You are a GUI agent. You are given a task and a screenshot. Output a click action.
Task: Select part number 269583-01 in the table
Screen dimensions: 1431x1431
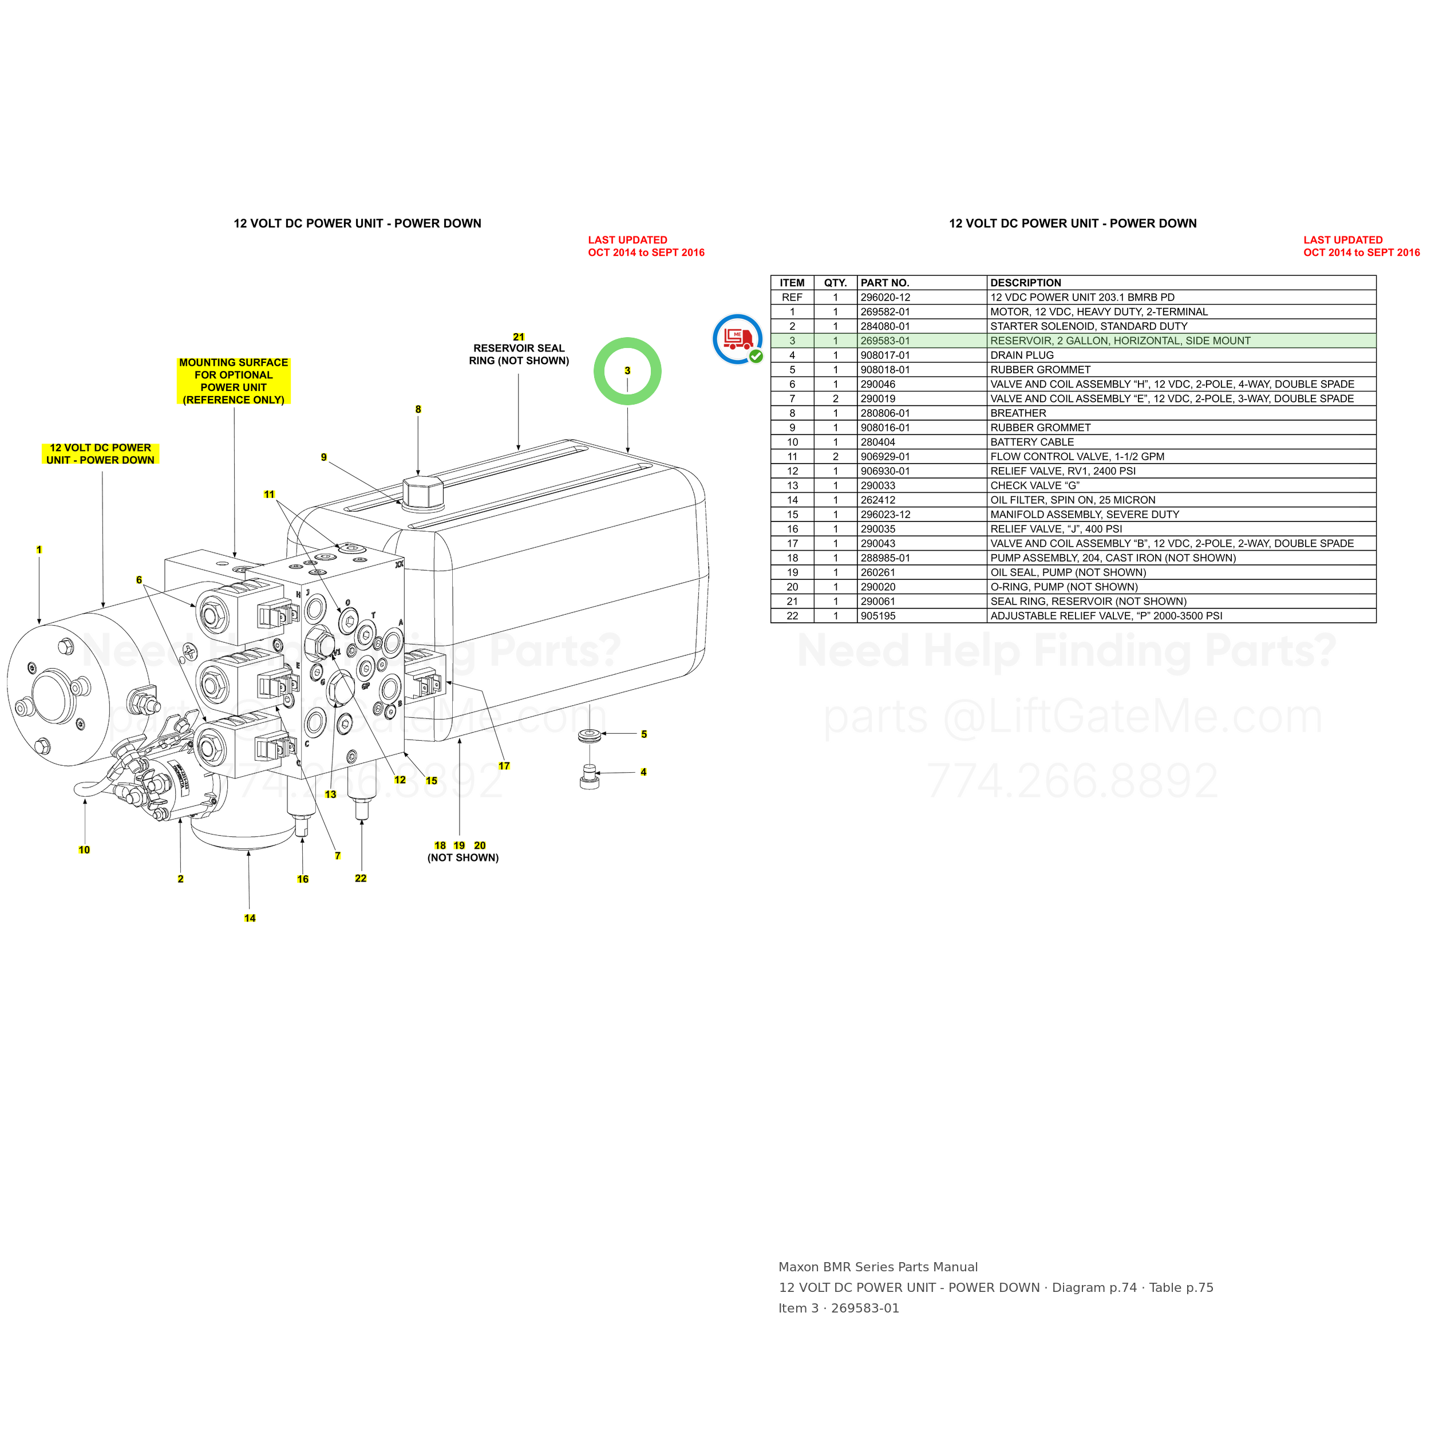(x=885, y=341)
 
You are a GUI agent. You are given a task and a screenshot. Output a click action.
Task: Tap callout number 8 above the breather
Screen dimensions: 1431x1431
(x=418, y=410)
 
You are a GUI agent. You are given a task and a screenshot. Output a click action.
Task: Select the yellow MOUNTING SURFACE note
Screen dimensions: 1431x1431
(x=234, y=381)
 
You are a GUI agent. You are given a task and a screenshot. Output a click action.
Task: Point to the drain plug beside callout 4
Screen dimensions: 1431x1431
(x=589, y=777)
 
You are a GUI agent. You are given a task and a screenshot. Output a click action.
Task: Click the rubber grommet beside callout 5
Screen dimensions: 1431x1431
(x=590, y=736)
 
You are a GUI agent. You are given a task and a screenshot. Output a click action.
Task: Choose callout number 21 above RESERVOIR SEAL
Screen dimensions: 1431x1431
(x=519, y=337)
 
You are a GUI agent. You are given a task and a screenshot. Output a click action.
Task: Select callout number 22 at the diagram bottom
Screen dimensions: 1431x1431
(x=361, y=879)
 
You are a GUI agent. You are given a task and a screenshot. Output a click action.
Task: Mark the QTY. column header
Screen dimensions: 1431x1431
(x=836, y=283)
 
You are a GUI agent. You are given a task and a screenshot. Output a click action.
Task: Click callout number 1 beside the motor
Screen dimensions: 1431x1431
(x=39, y=550)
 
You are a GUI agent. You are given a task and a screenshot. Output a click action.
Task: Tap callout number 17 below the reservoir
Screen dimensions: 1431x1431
(x=504, y=766)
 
